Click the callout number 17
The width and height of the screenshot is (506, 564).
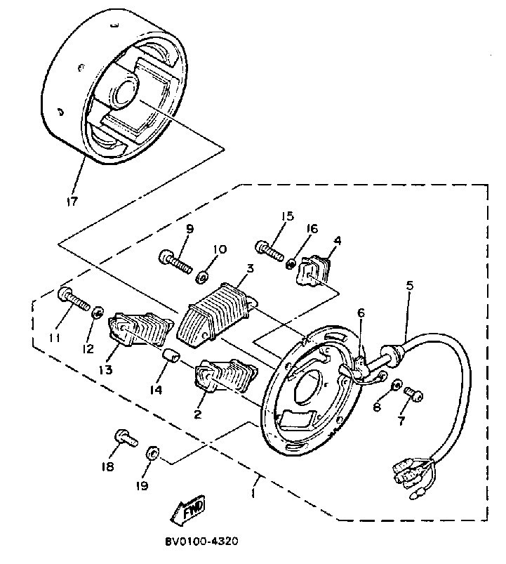point(73,202)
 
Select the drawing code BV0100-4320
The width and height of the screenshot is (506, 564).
point(201,542)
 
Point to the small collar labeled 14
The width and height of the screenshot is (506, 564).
point(170,357)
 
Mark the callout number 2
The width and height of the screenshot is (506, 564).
point(198,414)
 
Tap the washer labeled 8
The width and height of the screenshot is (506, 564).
point(397,386)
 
